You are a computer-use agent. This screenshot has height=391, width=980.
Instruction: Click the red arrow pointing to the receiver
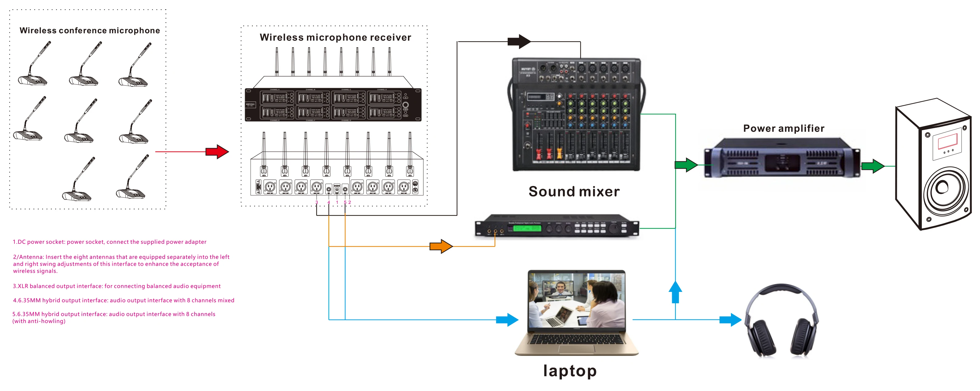pyautogui.click(x=217, y=152)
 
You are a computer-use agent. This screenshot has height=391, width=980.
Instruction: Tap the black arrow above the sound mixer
pyautogui.click(x=519, y=42)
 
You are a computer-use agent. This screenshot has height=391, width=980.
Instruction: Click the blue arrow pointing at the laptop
pyautogui.click(x=507, y=320)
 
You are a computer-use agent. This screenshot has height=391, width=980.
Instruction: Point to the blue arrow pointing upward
pyautogui.click(x=675, y=292)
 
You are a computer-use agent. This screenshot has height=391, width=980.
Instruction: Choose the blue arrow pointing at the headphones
pyautogui.click(x=730, y=320)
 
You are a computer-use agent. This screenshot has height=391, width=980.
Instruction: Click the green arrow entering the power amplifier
pyautogui.click(x=686, y=165)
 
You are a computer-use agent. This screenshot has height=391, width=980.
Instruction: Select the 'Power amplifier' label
pyautogui.click(x=784, y=129)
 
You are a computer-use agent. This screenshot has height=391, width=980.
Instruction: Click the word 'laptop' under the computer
pyautogui.click(x=570, y=370)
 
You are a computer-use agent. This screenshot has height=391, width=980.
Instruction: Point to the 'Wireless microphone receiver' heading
pyautogui.click(x=335, y=37)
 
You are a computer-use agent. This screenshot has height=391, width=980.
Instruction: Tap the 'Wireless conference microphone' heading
pyautogui.click(x=90, y=30)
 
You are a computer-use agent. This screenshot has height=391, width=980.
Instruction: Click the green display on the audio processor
pyautogui.click(x=527, y=228)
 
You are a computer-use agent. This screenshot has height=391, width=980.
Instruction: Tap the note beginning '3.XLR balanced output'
pyautogui.click(x=116, y=286)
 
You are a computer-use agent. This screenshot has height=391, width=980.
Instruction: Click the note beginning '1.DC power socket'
pyautogui.click(x=110, y=242)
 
